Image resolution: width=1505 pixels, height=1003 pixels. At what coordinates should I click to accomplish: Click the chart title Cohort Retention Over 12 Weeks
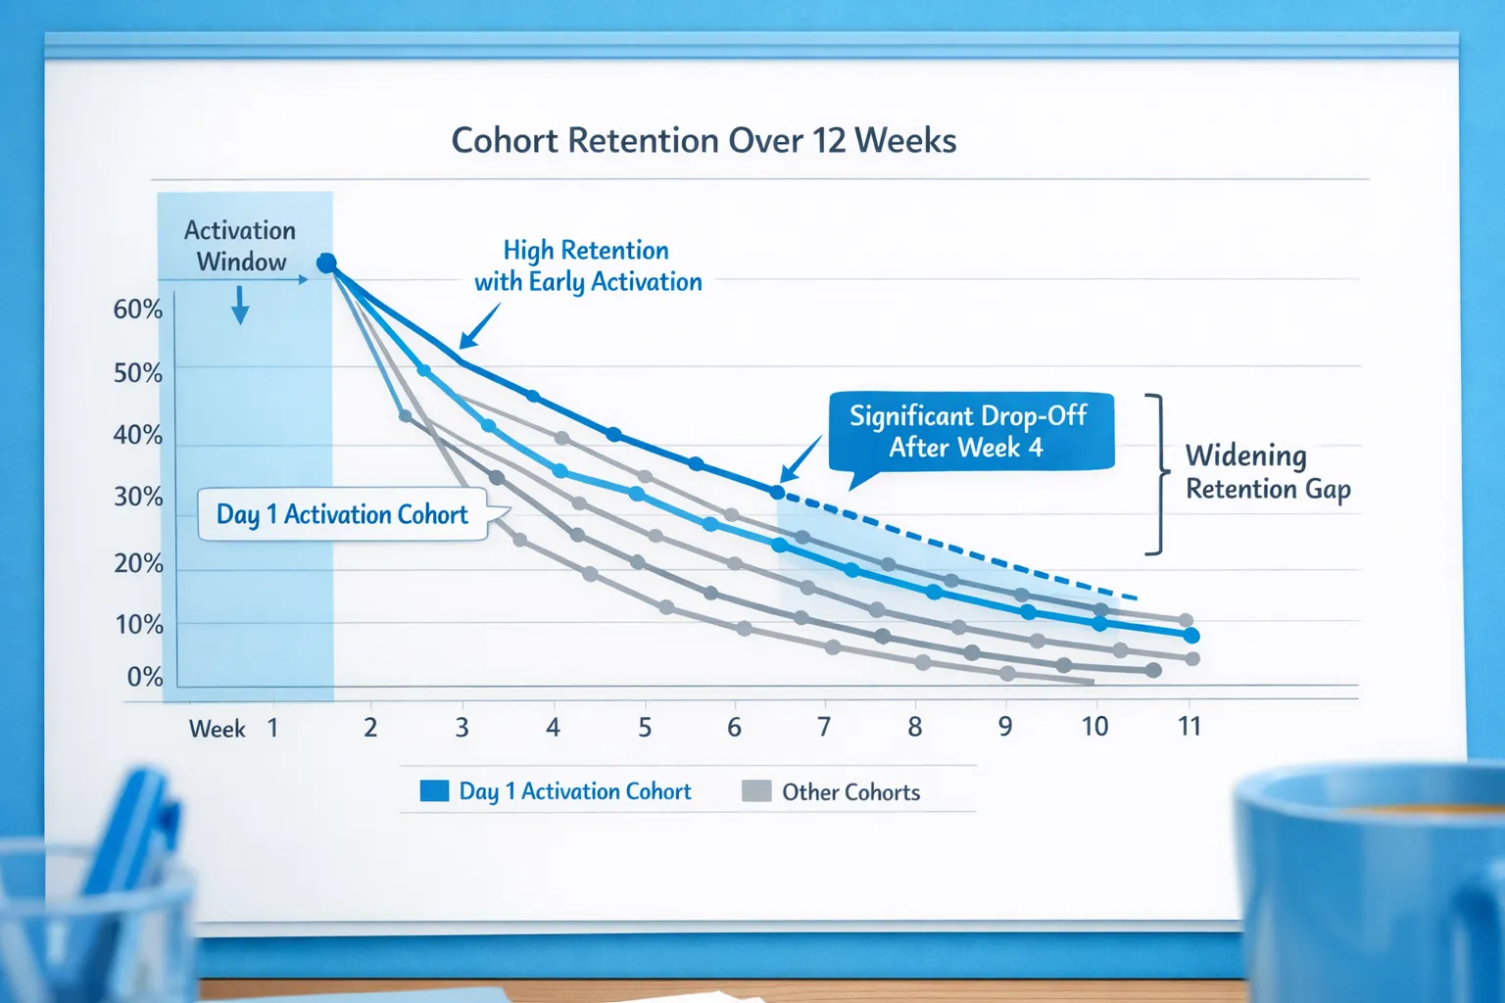704,141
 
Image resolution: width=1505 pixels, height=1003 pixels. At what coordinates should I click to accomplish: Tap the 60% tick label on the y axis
137,310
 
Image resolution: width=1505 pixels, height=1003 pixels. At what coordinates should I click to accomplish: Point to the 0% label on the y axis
144,677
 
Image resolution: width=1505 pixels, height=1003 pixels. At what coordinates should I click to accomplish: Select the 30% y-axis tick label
137,497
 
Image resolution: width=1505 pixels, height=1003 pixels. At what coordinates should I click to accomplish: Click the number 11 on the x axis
1189,727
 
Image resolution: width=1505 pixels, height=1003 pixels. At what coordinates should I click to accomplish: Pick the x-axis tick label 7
824,727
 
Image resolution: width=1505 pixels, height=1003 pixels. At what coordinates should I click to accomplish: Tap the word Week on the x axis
217,729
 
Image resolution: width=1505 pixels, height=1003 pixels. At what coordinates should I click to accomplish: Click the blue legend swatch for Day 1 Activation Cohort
434,791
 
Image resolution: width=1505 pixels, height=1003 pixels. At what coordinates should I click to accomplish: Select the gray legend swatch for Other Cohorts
756,791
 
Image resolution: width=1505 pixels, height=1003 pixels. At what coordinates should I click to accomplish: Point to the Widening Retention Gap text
1267,471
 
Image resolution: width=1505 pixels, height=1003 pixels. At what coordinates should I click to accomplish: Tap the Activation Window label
241,246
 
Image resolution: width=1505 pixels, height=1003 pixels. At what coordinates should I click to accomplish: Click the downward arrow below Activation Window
240,306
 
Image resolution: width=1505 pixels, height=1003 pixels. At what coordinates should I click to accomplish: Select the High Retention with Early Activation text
588,265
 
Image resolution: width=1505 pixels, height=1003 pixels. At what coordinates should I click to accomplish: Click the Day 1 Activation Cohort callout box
342,514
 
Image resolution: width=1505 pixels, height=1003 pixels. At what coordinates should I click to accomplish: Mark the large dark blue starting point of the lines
327,263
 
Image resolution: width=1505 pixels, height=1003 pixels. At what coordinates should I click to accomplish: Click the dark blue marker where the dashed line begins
778,492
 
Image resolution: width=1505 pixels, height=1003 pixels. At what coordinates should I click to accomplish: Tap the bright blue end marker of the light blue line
1191,636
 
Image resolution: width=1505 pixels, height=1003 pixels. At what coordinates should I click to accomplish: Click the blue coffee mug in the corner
1372,882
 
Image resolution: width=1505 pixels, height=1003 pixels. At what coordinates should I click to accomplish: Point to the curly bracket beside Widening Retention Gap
1158,474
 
